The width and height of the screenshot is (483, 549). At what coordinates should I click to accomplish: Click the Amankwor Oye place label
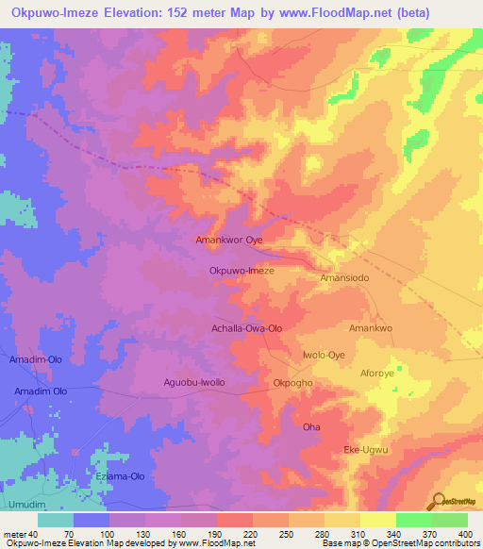pyautogui.click(x=228, y=241)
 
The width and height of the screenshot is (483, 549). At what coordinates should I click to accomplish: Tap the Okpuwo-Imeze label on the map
pyautogui.click(x=241, y=270)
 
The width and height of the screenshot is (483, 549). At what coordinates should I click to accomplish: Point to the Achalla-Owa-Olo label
pyautogui.click(x=245, y=328)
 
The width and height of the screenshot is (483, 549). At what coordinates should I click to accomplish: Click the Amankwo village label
pyautogui.click(x=370, y=328)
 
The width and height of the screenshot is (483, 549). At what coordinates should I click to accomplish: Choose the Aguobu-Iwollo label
pyautogui.click(x=194, y=382)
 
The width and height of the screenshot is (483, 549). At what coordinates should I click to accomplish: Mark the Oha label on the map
pyautogui.click(x=311, y=427)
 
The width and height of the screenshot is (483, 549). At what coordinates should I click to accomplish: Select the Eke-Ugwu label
pyautogui.click(x=366, y=449)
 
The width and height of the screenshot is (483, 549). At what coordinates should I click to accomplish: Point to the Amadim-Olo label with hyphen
pyautogui.click(x=37, y=360)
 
